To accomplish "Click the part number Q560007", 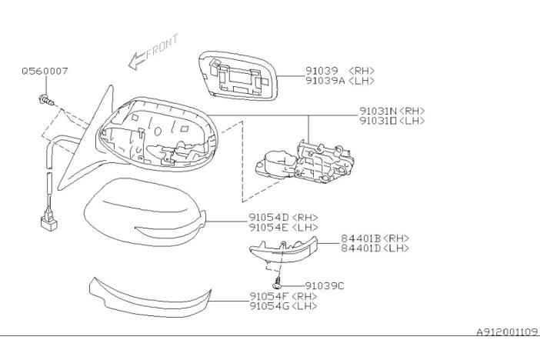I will (x=45, y=71).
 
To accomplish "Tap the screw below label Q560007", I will (x=45, y=98).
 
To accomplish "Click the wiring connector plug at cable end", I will (x=48, y=224).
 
